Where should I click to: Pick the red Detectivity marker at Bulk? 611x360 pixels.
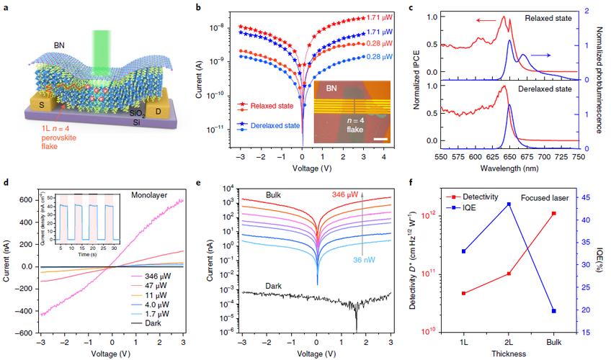pyautogui.click(x=573, y=213)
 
